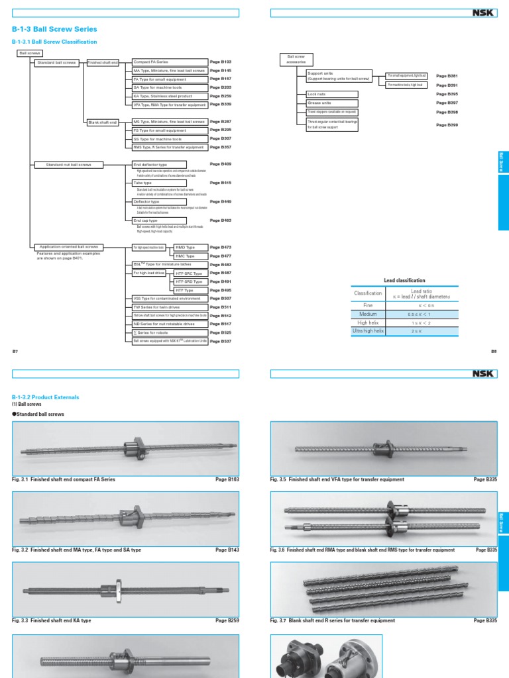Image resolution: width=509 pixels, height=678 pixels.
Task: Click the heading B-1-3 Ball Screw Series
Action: (x=54, y=29)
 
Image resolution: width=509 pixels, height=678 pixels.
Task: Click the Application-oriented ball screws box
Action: (x=69, y=246)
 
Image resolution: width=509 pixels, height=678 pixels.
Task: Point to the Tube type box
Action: (x=159, y=183)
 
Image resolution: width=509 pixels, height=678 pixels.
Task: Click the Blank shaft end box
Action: (x=103, y=122)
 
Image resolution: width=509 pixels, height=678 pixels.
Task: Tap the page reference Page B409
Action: (x=221, y=164)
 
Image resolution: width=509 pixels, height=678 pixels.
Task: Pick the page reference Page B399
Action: (x=447, y=124)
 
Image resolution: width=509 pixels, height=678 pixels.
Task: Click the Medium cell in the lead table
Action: (x=368, y=314)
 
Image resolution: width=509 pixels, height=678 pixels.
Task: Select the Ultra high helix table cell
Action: (x=368, y=330)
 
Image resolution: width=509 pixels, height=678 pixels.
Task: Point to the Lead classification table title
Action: (x=404, y=280)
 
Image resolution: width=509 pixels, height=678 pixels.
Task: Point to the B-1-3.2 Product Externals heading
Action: (x=45, y=397)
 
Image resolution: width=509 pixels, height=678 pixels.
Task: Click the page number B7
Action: (x=15, y=352)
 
